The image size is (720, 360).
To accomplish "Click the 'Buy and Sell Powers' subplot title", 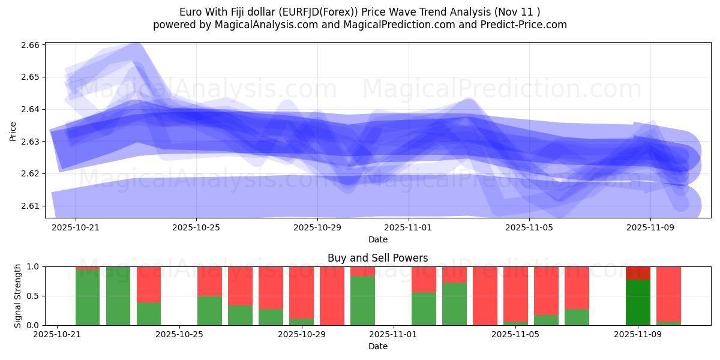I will click(x=377, y=258).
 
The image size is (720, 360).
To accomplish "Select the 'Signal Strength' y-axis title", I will click(x=17, y=295).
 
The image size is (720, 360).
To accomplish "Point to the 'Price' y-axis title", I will click(x=13, y=130).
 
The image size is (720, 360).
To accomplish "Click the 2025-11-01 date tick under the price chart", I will click(x=408, y=228).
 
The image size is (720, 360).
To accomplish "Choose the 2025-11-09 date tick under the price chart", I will click(x=650, y=228).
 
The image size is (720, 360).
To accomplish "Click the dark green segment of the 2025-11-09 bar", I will click(x=638, y=302).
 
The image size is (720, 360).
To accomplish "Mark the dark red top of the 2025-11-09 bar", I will click(x=638, y=273).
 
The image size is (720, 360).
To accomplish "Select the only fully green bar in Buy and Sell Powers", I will click(x=118, y=296).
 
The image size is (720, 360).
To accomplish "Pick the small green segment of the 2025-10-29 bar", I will click(x=301, y=322).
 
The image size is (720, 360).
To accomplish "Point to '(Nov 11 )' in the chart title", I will click(x=519, y=12).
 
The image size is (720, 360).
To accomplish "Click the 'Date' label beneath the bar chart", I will click(x=377, y=346).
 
